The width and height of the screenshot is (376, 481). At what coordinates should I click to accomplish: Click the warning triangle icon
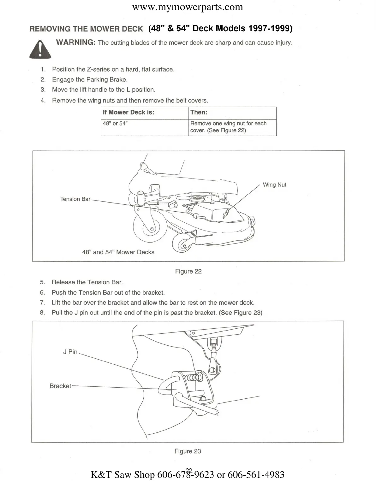[40, 50]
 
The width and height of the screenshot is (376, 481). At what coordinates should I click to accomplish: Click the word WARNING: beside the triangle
[76, 42]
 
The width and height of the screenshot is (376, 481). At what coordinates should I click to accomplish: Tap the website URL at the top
[188, 7]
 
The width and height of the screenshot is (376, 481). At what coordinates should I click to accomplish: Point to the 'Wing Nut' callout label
[274, 185]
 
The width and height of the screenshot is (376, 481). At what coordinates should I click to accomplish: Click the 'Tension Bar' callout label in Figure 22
[75, 199]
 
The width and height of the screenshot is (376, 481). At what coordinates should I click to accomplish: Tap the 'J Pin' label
[70, 352]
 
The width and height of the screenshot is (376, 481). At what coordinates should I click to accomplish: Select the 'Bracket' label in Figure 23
[60, 386]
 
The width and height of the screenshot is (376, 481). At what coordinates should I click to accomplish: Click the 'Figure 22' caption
[188, 271]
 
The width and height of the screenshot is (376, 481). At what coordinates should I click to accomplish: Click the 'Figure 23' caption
[188, 451]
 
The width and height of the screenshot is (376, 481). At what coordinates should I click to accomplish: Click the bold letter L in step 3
[128, 90]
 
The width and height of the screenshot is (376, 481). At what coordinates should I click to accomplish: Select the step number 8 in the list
[42, 313]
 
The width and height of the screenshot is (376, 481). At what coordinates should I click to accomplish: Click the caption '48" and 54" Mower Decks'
[118, 252]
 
